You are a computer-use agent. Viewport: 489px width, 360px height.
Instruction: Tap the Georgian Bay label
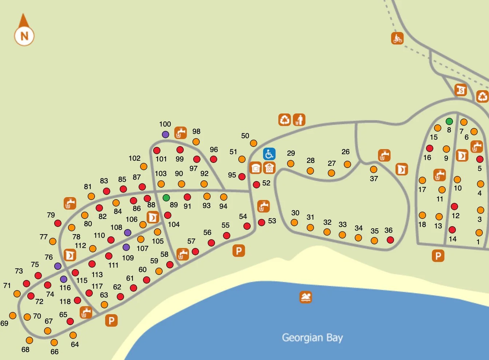pyautogui.click(x=312, y=337)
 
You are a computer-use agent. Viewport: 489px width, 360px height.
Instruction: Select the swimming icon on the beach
pyautogui.click(x=306, y=297)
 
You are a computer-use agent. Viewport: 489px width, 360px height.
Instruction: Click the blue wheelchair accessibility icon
pyautogui.click(x=269, y=154)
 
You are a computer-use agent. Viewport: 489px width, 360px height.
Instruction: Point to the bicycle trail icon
pyautogui.click(x=397, y=38)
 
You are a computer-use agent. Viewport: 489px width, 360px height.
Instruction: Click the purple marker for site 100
pyautogui.click(x=166, y=134)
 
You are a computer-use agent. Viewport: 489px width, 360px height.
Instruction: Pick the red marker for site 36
pyautogui.click(x=390, y=240)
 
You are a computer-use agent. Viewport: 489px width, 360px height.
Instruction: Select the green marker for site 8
pyautogui.click(x=449, y=121)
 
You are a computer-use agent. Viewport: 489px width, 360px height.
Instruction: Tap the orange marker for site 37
pyautogui.click(x=374, y=169)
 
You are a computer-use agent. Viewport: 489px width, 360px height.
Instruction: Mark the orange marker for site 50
pyautogui.click(x=254, y=143)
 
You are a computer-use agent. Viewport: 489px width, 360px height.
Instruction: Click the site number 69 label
pyautogui.click(x=4, y=323)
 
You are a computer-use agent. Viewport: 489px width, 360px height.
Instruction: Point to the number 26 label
pyautogui.click(x=346, y=152)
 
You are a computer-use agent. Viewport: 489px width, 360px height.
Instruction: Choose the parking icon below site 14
pyautogui.click(x=438, y=256)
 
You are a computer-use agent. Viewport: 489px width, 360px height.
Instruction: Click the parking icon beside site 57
pyautogui.click(x=239, y=251)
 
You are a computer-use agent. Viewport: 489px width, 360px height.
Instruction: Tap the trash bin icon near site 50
pyautogui.click(x=299, y=120)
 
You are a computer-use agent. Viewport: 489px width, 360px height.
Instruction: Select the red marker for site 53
pyautogui.click(x=262, y=222)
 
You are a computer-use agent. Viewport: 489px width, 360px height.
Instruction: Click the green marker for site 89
pyautogui.click(x=166, y=198)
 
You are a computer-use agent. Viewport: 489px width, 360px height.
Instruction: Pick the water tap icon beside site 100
pyautogui.click(x=180, y=133)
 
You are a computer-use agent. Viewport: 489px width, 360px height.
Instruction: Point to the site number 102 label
pyautogui.click(x=134, y=158)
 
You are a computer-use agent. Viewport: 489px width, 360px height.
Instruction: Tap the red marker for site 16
pyautogui.click(x=430, y=148)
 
